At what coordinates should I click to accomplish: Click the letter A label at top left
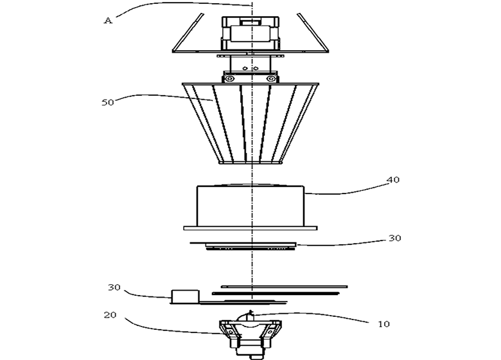point(109,21)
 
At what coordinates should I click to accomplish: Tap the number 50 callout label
point(108,102)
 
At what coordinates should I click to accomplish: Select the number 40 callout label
point(393,180)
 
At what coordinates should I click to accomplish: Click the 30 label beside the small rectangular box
point(114,287)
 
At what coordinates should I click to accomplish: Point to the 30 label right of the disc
point(394,239)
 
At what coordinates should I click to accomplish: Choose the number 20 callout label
point(110,315)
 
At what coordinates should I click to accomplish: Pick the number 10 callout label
point(383,324)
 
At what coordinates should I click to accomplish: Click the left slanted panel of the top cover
point(188,33)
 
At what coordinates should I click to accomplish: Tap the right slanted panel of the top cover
point(313,33)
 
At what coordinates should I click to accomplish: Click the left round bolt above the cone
point(229,78)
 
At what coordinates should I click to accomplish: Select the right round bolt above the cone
point(270,78)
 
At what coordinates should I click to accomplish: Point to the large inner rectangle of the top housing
point(251,33)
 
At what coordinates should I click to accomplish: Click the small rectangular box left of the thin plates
point(186,296)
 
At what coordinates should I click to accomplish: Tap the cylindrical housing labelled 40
point(251,205)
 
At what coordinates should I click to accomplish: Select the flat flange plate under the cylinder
point(251,228)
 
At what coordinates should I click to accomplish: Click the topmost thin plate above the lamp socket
point(285,287)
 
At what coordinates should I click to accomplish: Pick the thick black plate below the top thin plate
point(276,293)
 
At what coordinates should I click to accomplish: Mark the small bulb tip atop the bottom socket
point(251,312)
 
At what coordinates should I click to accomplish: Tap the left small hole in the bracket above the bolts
point(245,68)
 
